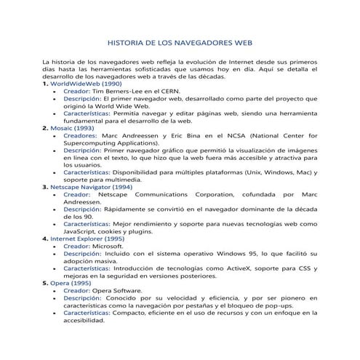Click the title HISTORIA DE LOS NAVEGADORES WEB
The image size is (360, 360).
coord(180,42)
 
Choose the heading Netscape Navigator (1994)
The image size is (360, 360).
coord(94,186)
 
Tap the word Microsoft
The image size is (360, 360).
coord(111,246)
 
